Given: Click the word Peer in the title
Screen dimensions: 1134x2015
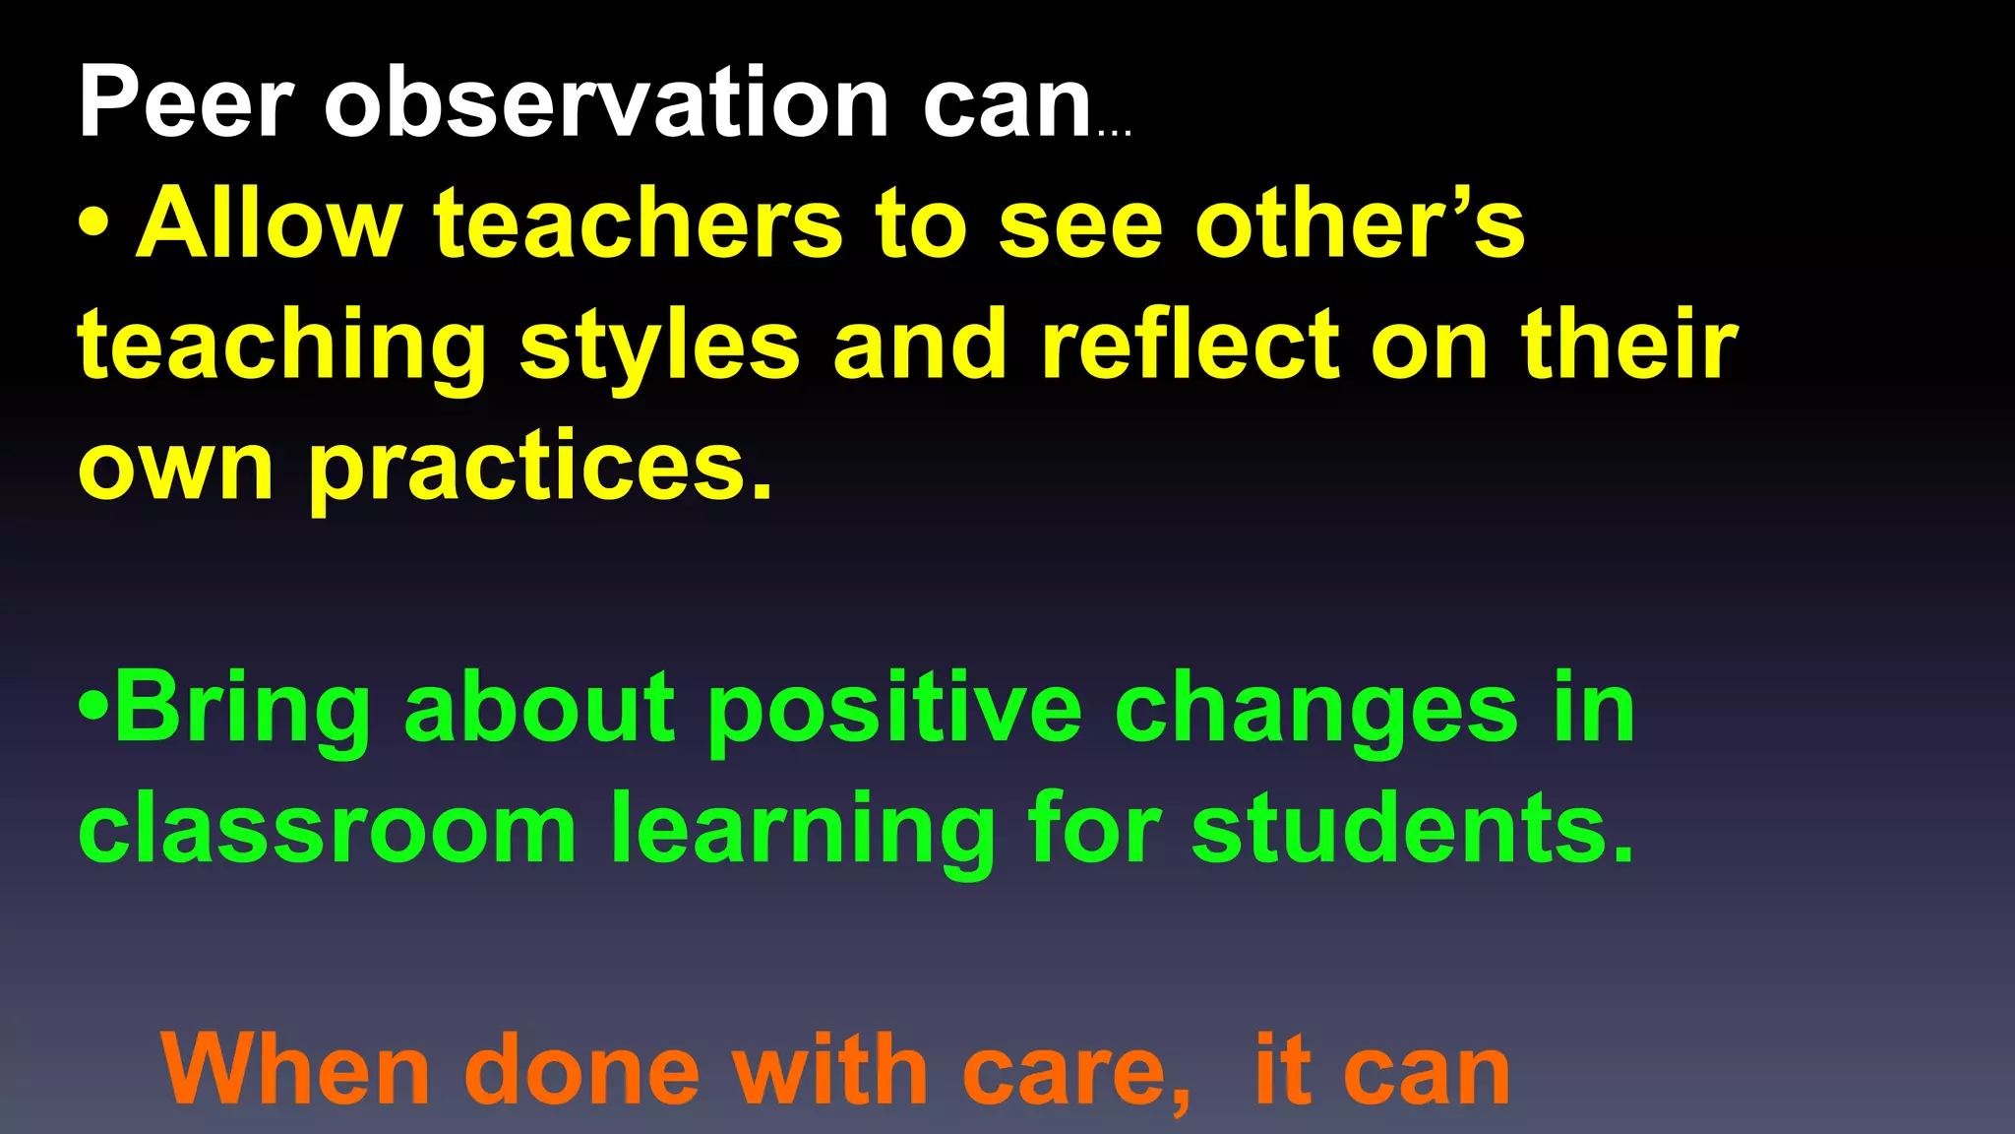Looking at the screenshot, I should click(185, 102).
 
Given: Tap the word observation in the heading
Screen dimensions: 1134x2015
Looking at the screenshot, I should click(607, 102).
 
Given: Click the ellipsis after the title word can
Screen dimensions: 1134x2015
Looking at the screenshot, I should click(1114, 132).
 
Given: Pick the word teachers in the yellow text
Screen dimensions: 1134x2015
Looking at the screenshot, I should click(639, 223).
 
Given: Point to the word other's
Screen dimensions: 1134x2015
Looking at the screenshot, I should click(1360, 223).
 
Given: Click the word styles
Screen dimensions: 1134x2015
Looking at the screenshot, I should click(659, 346).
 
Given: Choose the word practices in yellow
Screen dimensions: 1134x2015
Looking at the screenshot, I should click(541, 467).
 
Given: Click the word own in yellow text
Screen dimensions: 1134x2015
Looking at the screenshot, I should click(175, 469).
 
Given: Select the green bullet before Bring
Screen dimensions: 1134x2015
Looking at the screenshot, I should click(93, 707).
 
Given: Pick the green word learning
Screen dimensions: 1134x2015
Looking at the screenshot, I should click(803, 831).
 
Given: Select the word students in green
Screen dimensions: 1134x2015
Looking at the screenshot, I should click(1413, 829).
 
